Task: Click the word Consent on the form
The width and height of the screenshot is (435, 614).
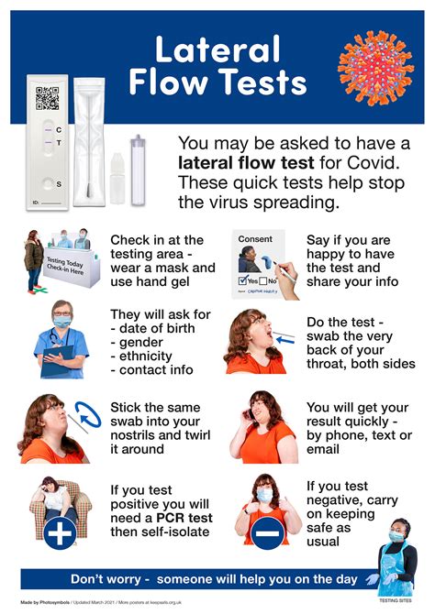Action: click(x=255, y=239)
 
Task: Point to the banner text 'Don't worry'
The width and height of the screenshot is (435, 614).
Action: click(x=109, y=578)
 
